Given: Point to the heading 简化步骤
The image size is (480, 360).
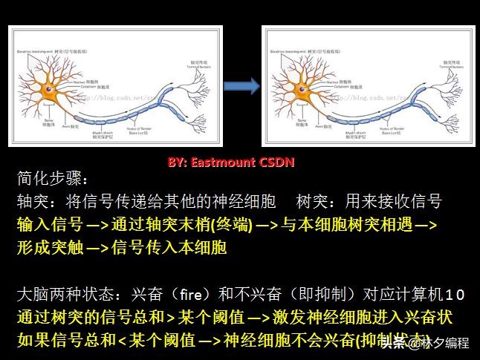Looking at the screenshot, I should [x=52, y=180].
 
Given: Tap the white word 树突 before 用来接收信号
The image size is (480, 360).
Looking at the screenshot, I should [x=311, y=202].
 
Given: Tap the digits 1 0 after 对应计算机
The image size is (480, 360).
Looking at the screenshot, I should [x=455, y=295].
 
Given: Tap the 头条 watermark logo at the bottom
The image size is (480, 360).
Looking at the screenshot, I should [x=404, y=343].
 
